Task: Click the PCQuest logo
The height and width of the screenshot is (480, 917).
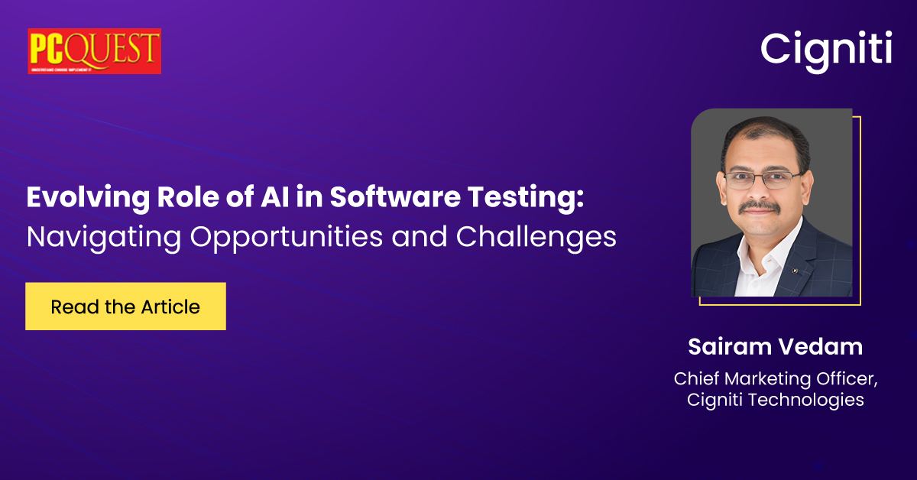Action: [x=94, y=51]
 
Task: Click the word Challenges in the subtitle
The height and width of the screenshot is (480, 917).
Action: [x=536, y=238]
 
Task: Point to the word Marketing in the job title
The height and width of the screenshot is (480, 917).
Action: [x=764, y=378]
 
